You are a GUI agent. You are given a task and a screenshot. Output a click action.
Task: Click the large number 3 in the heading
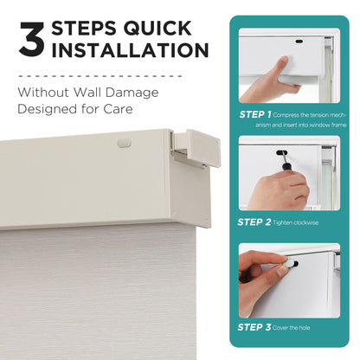click(x=32, y=42)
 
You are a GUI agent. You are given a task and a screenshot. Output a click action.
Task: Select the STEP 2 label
click(x=254, y=222)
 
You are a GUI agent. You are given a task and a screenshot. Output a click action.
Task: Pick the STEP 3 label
click(x=254, y=327)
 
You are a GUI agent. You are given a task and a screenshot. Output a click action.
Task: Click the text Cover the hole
click(x=299, y=328)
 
